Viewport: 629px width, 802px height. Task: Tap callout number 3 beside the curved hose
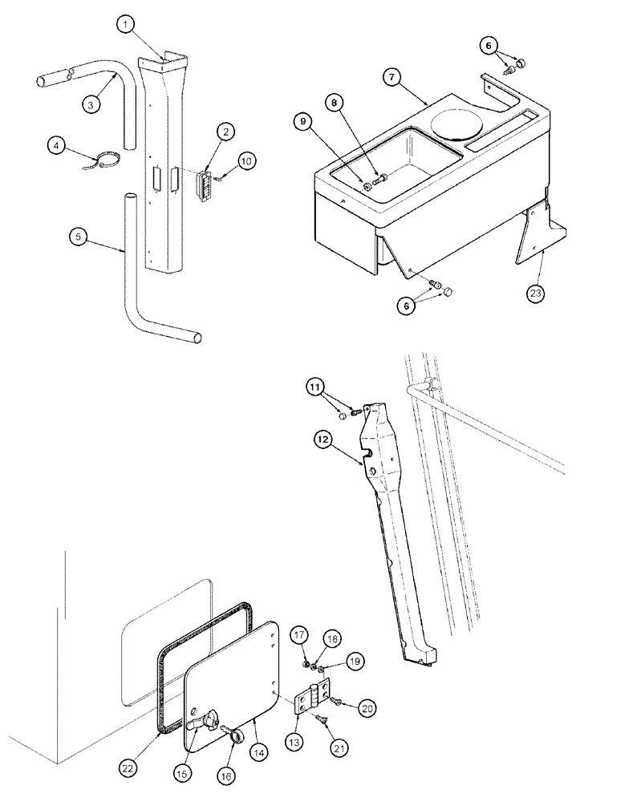coord(93,103)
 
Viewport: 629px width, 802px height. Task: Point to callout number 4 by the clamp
coord(55,147)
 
